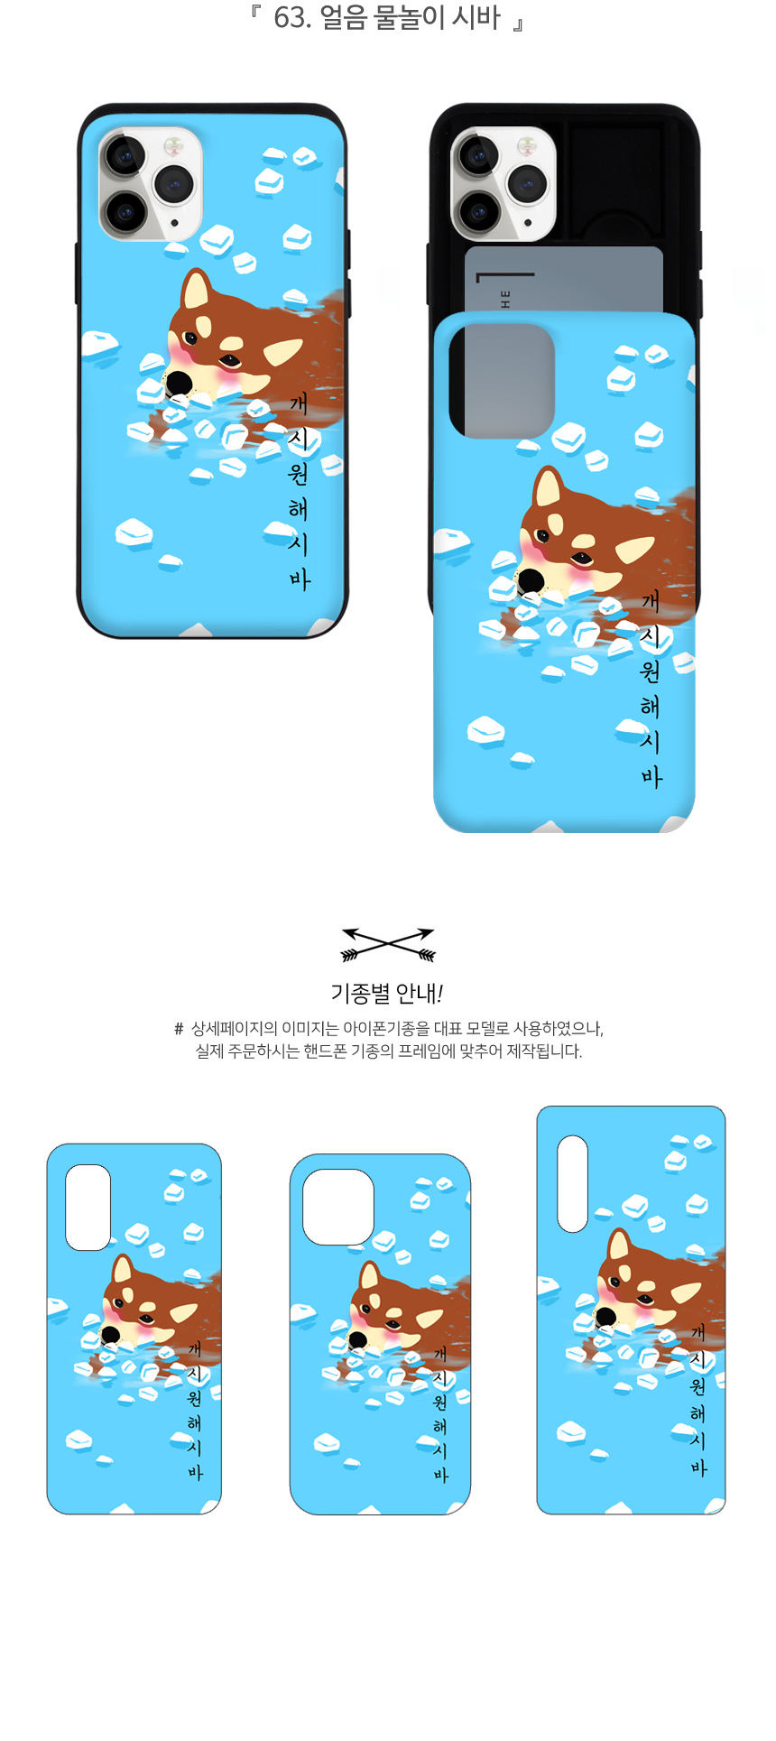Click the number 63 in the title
289,18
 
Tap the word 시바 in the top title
476,18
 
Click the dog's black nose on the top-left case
179,383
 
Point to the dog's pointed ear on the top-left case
195,291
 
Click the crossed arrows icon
388,944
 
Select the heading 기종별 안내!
387,994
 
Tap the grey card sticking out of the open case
564,279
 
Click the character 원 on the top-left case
299,474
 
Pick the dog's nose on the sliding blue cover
530,581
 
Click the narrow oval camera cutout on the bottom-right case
572,1183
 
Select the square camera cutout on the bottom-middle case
338,1207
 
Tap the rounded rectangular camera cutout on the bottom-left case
88,1207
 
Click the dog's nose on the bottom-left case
110,1335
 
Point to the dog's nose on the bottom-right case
606,1316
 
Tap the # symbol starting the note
179,1029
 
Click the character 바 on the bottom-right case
698,1468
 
